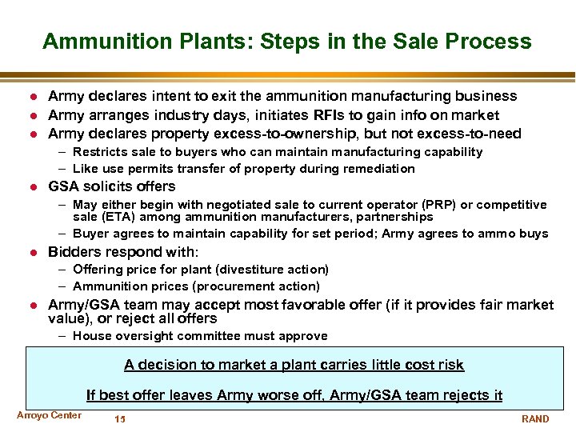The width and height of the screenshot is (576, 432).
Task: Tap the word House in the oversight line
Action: tap(90, 336)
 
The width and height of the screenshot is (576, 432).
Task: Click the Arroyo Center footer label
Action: tap(49, 415)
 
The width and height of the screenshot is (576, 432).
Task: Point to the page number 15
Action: tap(120, 419)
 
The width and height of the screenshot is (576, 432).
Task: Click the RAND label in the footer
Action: tap(535, 419)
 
